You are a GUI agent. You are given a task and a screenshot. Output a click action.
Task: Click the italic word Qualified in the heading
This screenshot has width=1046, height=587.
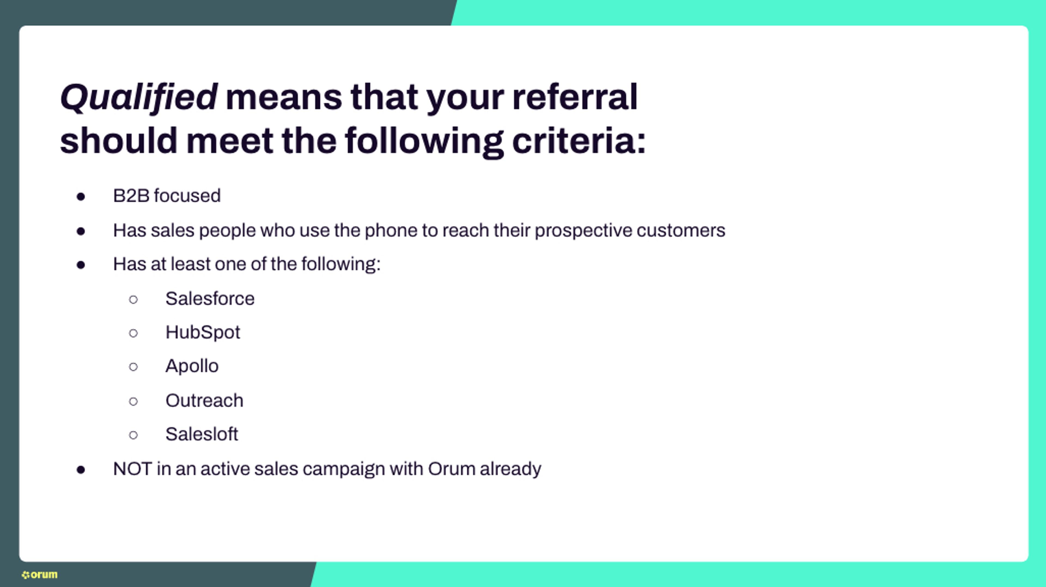(138, 97)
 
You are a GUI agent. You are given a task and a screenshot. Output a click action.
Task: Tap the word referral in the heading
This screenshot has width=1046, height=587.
(574, 97)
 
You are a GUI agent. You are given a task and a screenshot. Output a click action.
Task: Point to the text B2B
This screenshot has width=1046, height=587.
(131, 196)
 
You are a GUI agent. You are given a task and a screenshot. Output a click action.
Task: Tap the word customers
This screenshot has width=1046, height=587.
(680, 231)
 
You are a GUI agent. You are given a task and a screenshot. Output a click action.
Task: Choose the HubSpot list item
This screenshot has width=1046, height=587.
(203, 332)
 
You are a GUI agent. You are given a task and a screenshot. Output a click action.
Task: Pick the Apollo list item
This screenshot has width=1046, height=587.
(192, 366)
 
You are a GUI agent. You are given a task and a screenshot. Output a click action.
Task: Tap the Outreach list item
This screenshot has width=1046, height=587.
(204, 401)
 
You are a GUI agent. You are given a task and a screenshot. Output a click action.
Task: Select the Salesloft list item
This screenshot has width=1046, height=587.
(201, 434)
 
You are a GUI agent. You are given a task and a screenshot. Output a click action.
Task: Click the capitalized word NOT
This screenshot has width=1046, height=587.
(132, 469)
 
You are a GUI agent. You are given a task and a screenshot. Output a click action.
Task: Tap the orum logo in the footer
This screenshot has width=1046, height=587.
(39, 574)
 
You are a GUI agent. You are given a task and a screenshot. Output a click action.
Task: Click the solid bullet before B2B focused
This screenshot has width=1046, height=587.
(81, 197)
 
